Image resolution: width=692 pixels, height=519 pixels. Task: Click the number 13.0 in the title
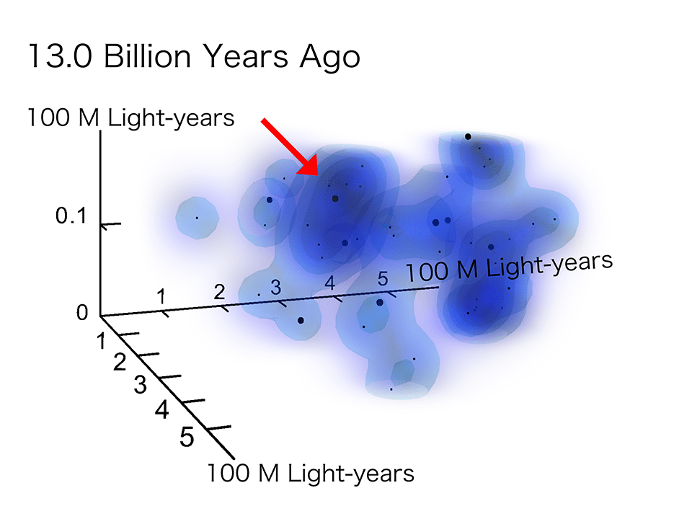click(x=60, y=56)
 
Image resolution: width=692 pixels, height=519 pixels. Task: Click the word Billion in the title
click(x=147, y=56)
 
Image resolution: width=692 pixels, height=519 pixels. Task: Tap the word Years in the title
click(x=246, y=56)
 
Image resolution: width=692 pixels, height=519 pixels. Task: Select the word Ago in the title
click(x=330, y=58)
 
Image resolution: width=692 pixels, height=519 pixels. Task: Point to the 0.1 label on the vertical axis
click(x=71, y=216)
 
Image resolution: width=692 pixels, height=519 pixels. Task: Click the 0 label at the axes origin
click(x=82, y=312)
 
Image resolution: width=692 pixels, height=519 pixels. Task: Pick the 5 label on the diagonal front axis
click(x=187, y=437)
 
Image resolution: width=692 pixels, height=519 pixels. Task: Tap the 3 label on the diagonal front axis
click(x=141, y=384)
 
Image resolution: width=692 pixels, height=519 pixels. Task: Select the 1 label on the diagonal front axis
click(x=102, y=341)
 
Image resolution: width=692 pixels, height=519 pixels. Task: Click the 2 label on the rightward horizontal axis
click(x=219, y=292)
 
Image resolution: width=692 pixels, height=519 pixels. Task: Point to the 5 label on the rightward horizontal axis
click(x=383, y=279)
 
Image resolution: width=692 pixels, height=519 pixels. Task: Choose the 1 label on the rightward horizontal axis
click(x=162, y=296)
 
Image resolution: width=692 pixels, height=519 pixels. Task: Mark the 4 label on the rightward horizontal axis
click(x=330, y=283)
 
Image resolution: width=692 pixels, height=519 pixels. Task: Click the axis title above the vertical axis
click(x=131, y=117)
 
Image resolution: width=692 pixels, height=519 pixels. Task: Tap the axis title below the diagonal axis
click(x=311, y=474)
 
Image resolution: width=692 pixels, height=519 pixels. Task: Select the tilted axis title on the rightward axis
click(x=509, y=267)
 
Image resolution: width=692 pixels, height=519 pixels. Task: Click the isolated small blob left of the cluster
click(x=198, y=218)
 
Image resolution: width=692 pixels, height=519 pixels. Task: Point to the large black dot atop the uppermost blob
click(x=468, y=137)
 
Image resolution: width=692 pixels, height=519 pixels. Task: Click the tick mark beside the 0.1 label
click(x=111, y=225)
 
